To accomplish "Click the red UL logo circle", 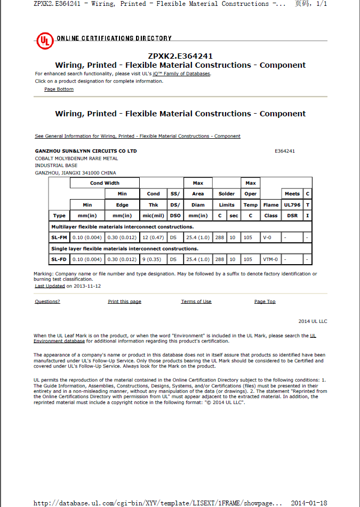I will pyautogui.click(x=45, y=41).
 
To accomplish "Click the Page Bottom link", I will pyautogui.click(x=59, y=89).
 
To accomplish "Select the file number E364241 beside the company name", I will pyautogui.click(x=284, y=151).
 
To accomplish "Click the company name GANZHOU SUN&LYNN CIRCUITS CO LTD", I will pyautogui.click(x=86, y=151).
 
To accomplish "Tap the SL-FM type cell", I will pyautogui.click(x=59, y=237).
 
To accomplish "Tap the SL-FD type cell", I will pyautogui.click(x=59, y=259).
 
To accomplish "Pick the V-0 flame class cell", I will pyautogui.click(x=270, y=237).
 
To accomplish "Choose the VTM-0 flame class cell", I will pyautogui.click(x=270, y=259).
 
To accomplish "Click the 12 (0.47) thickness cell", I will pyautogui.click(x=153, y=237).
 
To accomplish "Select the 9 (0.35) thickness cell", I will pyautogui.click(x=153, y=259).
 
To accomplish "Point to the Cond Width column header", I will pyautogui.click(x=105, y=183).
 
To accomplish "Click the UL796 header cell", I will pyautogui.click(x=292, y=205).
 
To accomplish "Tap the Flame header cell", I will pyautogui.click(x=270, y=205).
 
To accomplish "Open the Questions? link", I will pyautogui.click(x=47, y=302).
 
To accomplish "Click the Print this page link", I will pyautogui.click(x=124, y=302).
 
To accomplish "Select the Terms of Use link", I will pyautogui.click(x=196, y=302).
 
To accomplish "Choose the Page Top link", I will pyautogui.click(x=265, y=302).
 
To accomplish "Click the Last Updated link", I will pyautogui.click(x=50, y=286).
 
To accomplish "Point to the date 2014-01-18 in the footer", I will pyautogui.click(x=309, y=503).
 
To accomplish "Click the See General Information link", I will pyautogui.click(x=138, y=136).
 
